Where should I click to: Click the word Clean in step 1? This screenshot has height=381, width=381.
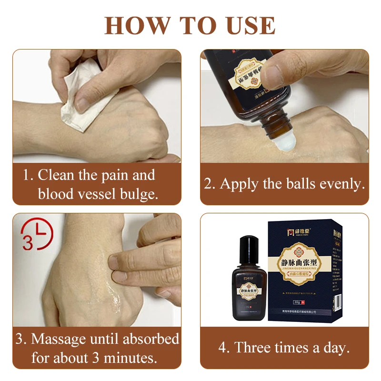click(57, 175)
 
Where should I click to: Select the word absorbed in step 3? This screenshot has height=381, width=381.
click(151, 339)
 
